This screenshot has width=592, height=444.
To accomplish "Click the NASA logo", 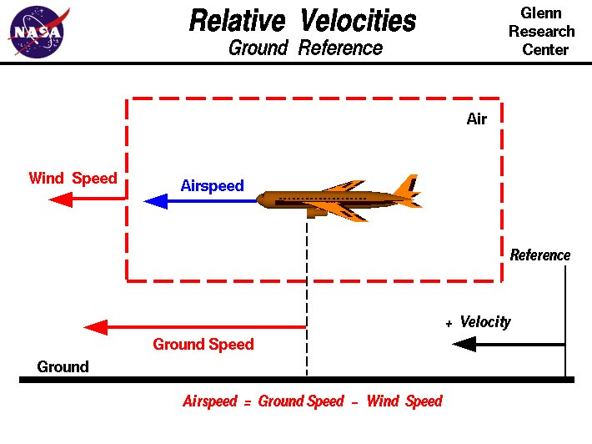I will (36, 32).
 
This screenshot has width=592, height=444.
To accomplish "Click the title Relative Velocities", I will (303, 20).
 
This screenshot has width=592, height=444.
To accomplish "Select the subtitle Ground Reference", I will (305, 48).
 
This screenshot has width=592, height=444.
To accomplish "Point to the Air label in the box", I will (476, 119).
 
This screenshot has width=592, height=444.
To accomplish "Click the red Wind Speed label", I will (73, 179).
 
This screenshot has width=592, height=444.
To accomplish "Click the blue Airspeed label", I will (212, 185).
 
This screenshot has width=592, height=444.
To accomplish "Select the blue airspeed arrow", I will (200, 200).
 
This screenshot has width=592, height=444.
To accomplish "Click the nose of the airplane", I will (261, 199).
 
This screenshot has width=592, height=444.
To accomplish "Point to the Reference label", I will (540, 255).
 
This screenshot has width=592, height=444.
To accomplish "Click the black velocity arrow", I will (509, 344).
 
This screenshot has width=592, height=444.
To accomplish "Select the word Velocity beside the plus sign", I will (485, 322).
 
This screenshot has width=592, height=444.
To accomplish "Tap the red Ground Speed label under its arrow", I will (203, 344).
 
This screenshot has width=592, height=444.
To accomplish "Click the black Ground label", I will (63, 366).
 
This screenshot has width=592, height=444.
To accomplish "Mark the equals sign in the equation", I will (248, 402).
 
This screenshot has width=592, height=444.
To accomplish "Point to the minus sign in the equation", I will (354, 402).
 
